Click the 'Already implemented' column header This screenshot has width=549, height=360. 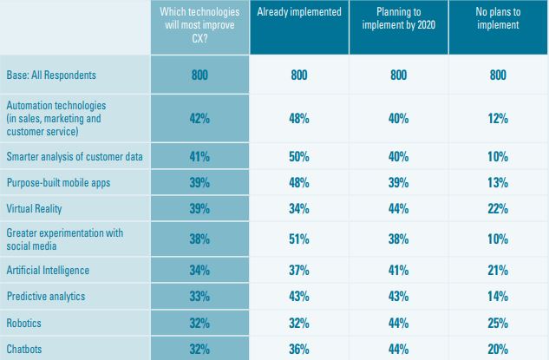point(299,14)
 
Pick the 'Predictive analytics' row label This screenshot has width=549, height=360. point(46,296)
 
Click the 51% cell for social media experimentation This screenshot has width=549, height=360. point(299,240)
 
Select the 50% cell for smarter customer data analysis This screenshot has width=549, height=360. point(299,156)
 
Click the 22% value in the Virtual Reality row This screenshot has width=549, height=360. point(497,209)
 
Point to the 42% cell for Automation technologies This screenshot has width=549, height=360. point(199,119)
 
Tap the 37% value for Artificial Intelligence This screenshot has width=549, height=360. point(299,271)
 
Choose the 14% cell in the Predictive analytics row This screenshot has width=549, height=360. point(497,296)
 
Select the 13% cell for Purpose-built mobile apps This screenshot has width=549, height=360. point(497,183)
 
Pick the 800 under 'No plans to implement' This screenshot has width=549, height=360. point(497,75)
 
